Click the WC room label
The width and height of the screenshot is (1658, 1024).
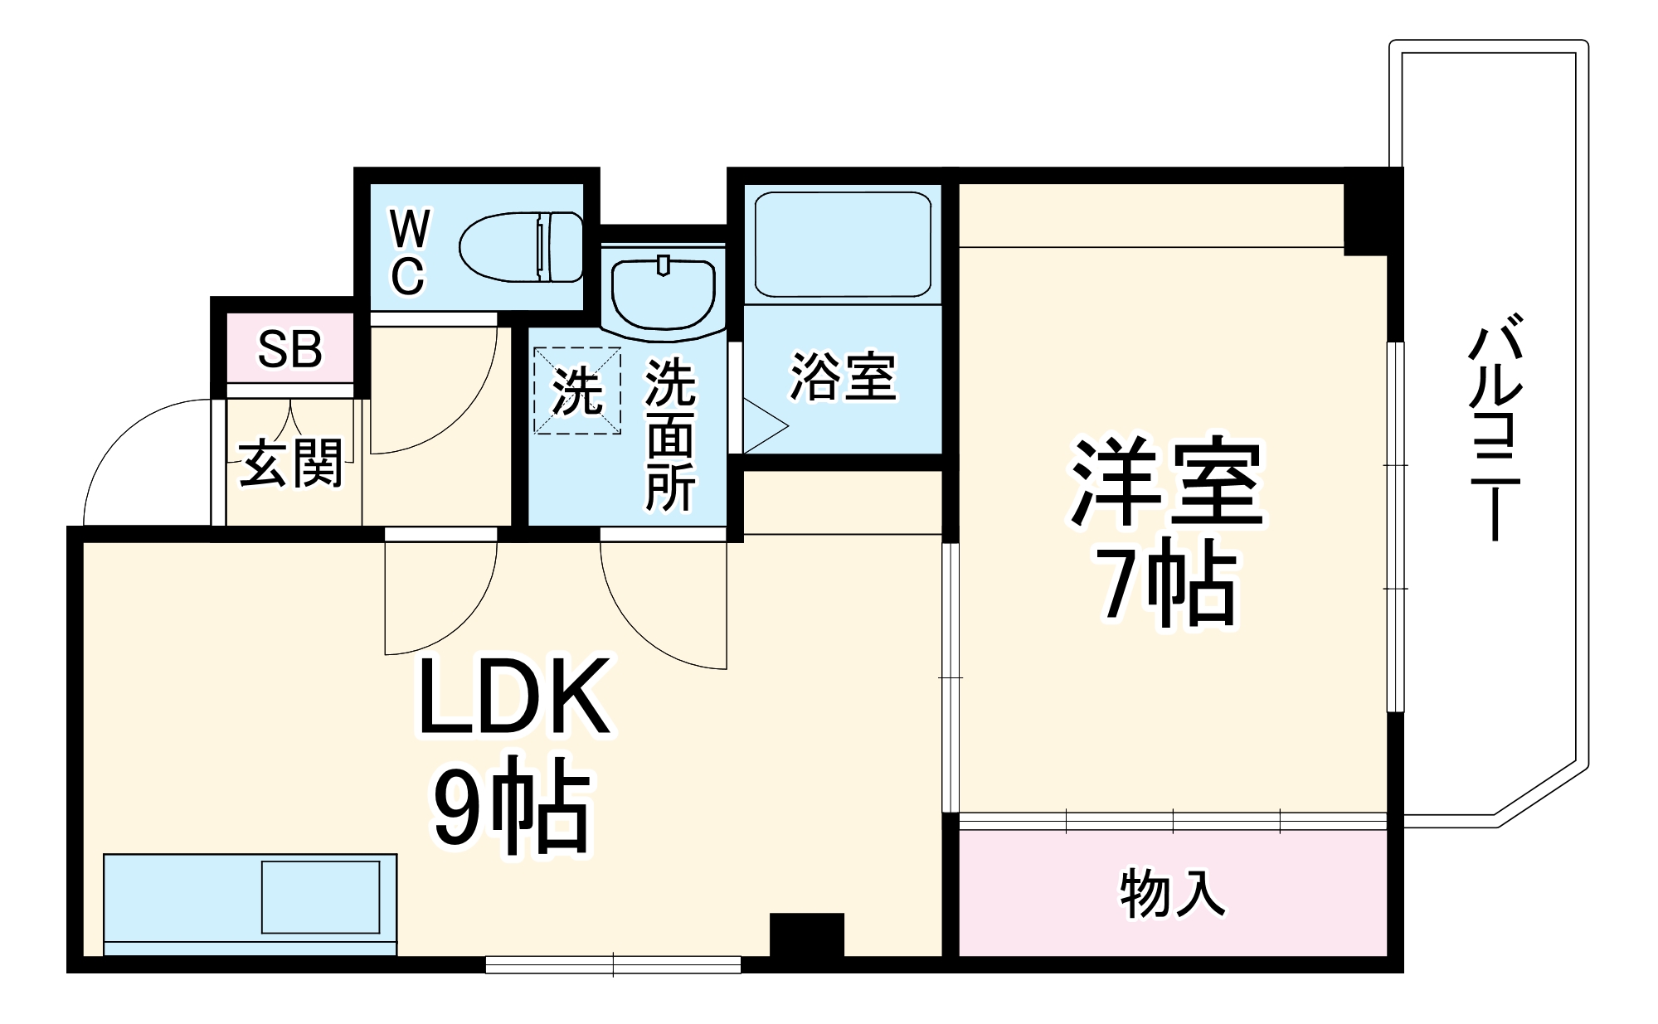pyautogui.click(x=409, y=252)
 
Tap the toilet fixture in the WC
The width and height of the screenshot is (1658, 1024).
pyautogui.click(x=521, y=246)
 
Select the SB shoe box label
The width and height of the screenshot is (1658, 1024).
pyautogui.click(x=289, y=349)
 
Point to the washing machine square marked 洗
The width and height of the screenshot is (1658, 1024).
pyautogui.click(x=576, y=391)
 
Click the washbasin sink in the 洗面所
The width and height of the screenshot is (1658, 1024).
pyautogui.click(x=663, y=294)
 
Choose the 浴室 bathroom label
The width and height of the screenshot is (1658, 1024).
pyautogui.click(x=842, y=377)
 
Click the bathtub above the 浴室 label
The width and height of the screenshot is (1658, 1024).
pyautogui.click(x=842, y=245)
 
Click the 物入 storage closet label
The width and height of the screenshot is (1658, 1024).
pyautogui.click(x=1172, y=894)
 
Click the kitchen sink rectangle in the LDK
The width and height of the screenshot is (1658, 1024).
pyautogui.click(x=320, y=897)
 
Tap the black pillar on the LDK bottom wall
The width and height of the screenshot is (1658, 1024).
pyautogui.click(x=806, y=937)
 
